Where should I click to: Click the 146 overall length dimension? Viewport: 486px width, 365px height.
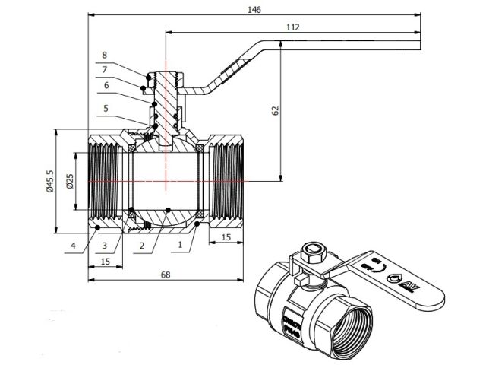254,10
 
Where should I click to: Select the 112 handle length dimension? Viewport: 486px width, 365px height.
293,27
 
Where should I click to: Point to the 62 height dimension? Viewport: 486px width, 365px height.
276,110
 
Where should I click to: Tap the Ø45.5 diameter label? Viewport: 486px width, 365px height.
49,182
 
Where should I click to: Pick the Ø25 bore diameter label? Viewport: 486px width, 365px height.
69,182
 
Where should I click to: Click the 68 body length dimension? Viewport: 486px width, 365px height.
165,274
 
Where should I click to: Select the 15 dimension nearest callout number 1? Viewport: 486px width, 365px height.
226,239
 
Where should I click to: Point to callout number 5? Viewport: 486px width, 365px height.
105,108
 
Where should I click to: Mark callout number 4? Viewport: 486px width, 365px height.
73,245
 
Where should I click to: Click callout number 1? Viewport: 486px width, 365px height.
179,245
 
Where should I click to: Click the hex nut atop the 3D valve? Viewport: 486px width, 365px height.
311,250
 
